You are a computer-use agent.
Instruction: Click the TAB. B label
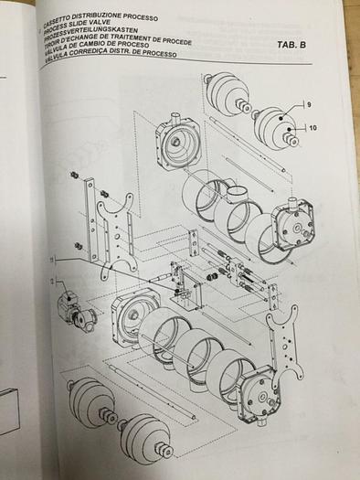pos(291,45)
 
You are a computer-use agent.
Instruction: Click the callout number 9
pos(309,105)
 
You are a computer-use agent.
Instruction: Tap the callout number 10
pos(313,128)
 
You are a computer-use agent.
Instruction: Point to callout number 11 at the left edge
pos(52,261)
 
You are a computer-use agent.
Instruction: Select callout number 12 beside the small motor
pos(52,281)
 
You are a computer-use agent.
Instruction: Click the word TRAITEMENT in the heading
pos(137,39)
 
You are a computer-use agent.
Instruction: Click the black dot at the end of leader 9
pos(281,118)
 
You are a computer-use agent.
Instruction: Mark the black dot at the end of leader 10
pos(289,130)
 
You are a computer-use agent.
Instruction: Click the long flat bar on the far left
pos(91,219)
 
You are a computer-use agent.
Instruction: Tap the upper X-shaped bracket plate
pos(117,232)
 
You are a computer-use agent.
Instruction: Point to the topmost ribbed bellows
pos(227,93)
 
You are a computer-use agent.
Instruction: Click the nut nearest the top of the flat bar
pos(74,176)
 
